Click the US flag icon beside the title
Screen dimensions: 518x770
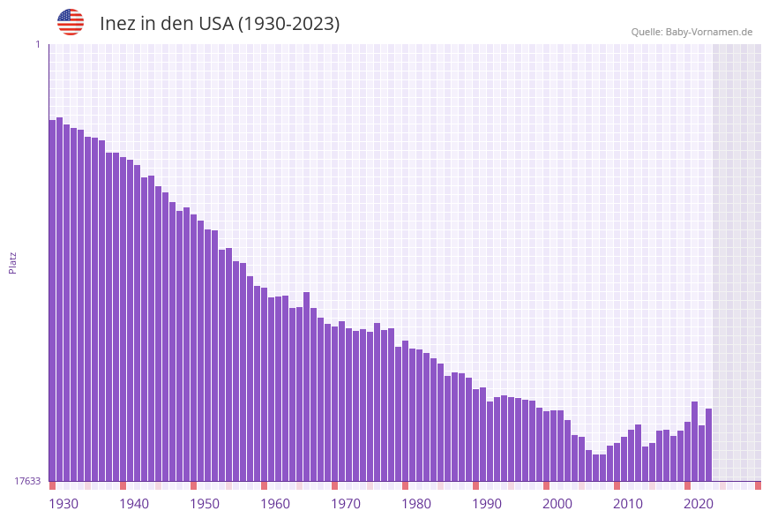click(71, 22)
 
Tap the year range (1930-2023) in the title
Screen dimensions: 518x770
click(288, 24)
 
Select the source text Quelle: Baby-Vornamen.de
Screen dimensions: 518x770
click(692, 32)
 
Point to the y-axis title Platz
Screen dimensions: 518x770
click(13, 262)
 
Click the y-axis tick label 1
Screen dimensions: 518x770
click(37, 44)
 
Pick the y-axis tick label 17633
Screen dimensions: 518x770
click(28, 481)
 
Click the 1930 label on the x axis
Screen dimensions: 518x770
click(64, 504)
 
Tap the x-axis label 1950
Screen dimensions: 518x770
click(205, 504)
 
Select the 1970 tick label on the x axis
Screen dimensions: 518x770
click(346, 504)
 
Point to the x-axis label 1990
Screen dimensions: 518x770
click(487, 504)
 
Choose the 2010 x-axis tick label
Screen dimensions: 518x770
click(628, 504)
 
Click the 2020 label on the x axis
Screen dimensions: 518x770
click(699, 504)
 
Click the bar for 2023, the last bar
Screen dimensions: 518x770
click(708, 445)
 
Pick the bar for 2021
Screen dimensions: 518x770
click(694, 441)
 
